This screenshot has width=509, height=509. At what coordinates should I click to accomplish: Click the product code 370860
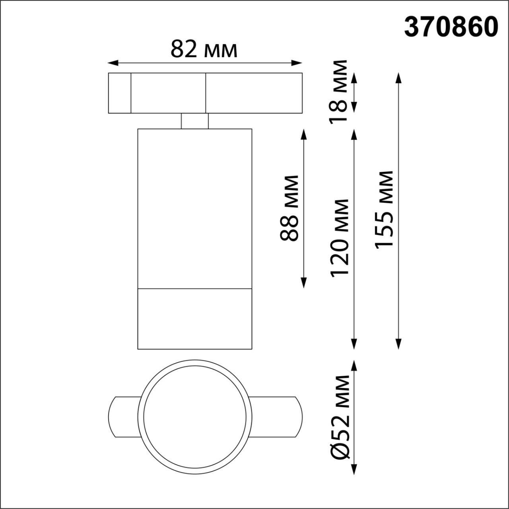tap(451, 27)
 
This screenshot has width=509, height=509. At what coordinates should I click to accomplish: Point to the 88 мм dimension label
tap(289, 208)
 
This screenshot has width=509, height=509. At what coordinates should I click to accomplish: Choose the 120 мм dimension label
tap(340, 238)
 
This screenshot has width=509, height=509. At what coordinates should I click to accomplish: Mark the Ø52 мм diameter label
tap(340, 416)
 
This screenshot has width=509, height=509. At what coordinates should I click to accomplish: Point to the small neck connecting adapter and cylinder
tap(195, 121)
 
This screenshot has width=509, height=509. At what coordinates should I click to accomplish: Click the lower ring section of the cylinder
tap(195, 319)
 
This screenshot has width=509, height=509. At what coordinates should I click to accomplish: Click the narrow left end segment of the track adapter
tap(120, 93)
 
